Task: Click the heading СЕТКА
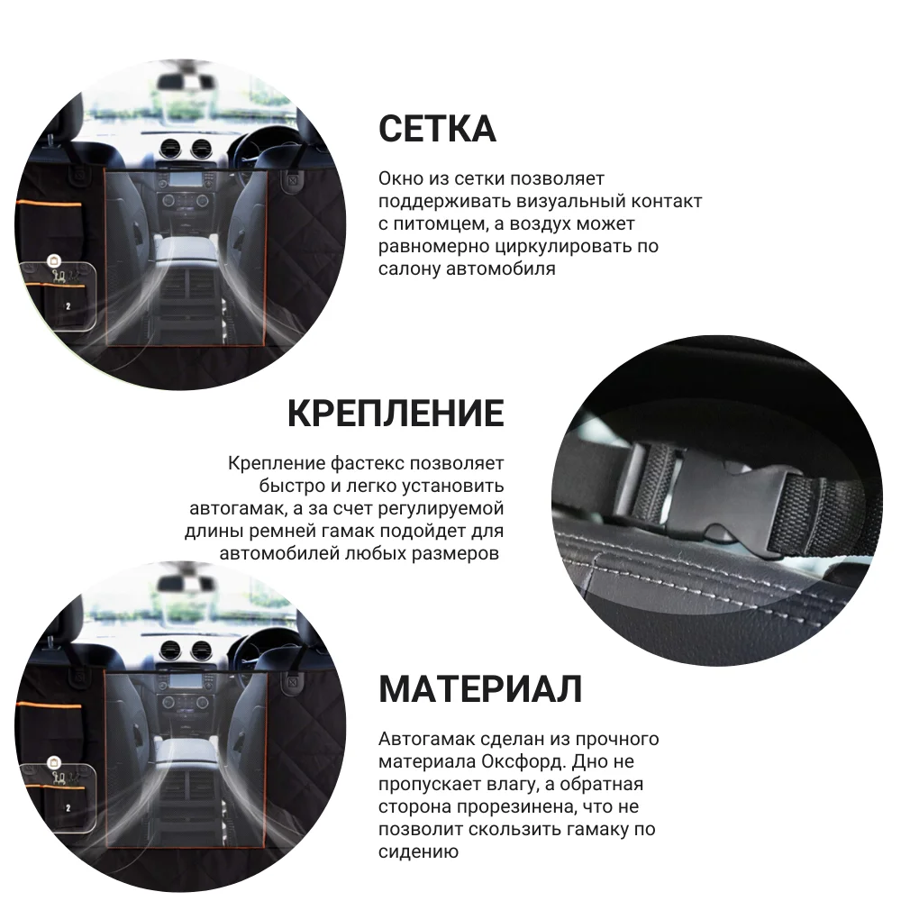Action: pos(437,129)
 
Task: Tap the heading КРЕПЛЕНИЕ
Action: pos(396,414)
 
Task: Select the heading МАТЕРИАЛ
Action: pos(480,689)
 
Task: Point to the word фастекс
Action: pos(367,464)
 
